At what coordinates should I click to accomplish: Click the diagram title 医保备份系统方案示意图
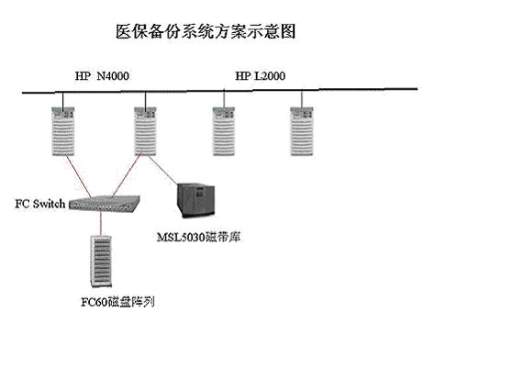click(206, 32)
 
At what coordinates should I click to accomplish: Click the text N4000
click(113, 76)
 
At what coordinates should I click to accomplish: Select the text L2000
click(270, 76)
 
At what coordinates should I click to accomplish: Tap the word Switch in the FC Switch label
click(49, 204)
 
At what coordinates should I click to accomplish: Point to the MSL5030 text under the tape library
click(181, 237)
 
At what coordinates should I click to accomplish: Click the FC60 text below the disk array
click(95, 302)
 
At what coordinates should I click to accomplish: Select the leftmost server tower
click(63, 131)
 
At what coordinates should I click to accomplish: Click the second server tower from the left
click(145, 131)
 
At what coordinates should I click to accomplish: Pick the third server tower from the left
click(224, 131)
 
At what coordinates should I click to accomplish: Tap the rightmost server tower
click(302, 131)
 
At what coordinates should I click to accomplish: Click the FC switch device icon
click(105, 204)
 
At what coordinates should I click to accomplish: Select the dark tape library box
click(196, 200)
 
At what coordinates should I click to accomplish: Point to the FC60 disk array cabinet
click(101, 261)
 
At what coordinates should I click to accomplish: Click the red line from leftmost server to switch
click(79, 176)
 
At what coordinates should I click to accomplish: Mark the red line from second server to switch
click(127, 175)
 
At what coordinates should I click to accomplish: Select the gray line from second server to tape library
click(163, 170)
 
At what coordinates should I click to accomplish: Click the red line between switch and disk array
click(101, 224)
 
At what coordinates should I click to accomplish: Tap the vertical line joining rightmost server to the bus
click(302, 99)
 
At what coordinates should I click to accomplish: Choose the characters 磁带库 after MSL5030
click(223, 237)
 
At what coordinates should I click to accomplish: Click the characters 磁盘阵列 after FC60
click(131, 302)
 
